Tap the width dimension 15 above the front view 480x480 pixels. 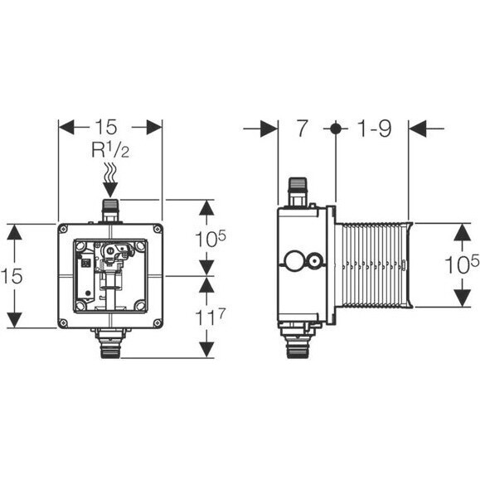click(106, 127)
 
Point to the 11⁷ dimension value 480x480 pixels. click(211, 317)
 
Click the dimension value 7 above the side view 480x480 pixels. click(302, 128)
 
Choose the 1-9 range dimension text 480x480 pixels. click(375, 128)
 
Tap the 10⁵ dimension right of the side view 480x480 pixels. click(462, 264)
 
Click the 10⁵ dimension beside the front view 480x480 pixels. click(211, 238)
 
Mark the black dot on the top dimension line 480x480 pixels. click(336, 128)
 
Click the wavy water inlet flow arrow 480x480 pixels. click(110, 180)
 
